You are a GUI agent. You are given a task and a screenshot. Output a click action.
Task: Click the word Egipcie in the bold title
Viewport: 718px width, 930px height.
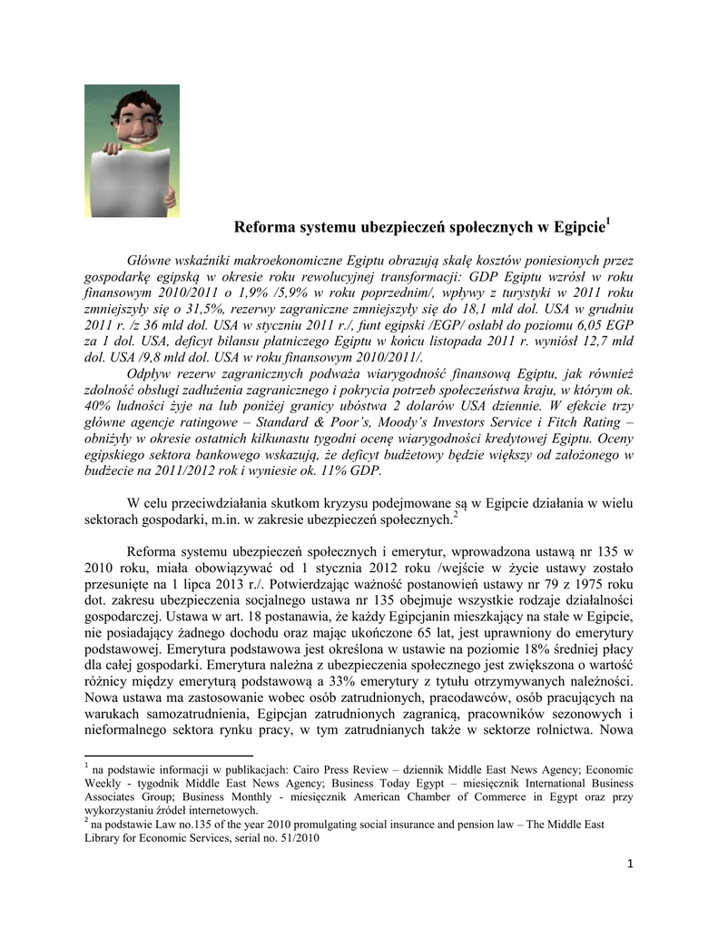click(x=575, y=226)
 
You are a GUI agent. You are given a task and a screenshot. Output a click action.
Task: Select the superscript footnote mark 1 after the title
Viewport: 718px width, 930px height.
click(x=608, y=221)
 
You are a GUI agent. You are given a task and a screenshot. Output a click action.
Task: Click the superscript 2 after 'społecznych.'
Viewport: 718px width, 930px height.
click(x=456, y=515)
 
